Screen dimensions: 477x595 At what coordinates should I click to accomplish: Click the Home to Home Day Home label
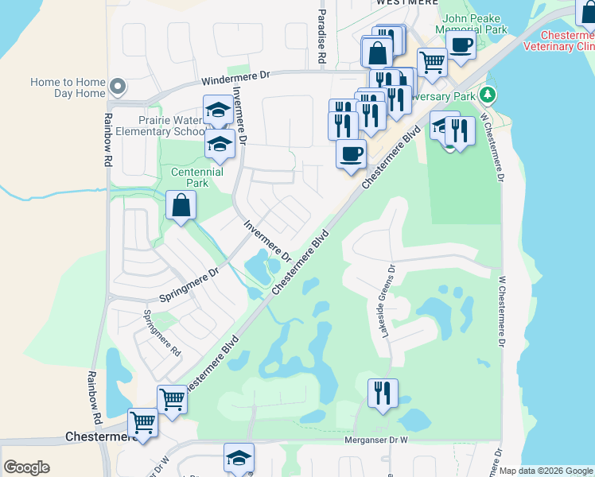68,87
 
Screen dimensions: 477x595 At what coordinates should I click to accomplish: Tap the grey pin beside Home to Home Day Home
118,86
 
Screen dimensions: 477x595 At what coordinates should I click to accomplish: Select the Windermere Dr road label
236,76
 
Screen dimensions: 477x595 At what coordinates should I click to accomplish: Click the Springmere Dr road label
189,285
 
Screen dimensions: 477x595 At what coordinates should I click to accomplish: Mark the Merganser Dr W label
375,439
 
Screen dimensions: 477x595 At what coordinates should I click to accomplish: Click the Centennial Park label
197,177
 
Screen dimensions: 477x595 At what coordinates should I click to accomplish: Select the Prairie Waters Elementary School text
172,126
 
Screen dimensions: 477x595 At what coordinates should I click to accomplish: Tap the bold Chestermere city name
92,437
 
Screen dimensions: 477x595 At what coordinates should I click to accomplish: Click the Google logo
26,467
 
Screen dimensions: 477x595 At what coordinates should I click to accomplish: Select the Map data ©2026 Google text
546,471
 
